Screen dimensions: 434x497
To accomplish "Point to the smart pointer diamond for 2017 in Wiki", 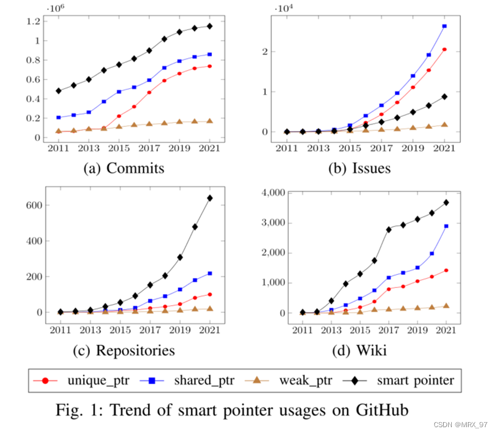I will (389, 229).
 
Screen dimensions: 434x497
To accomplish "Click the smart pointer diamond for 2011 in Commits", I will (59, 90).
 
